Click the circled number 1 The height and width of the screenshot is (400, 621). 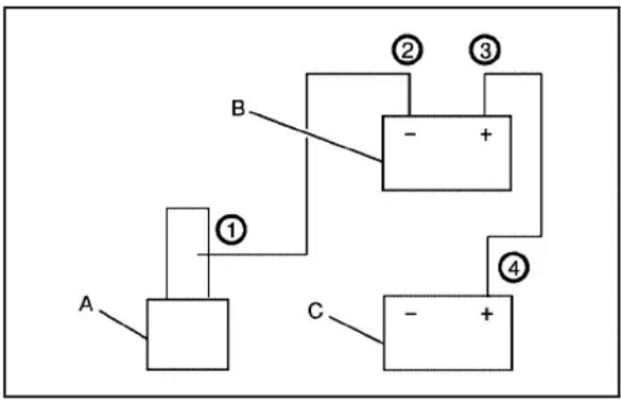[x=231, y=230]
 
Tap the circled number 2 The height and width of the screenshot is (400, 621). [x=407, y=50]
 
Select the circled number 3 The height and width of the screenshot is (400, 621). [x=484, y=50]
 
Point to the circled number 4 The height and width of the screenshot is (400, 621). [x=514, y=268]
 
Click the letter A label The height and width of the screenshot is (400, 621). [x=86, y=304]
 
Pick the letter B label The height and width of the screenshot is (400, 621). [x=238, y=108]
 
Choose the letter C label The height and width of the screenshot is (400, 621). [x=316, y=311]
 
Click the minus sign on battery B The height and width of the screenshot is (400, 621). [x=410, y=134]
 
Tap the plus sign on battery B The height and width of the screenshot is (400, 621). [x=486, y=135]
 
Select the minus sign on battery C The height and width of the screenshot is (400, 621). [x=411, y=314]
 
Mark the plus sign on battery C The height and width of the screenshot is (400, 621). [x=487, y=314]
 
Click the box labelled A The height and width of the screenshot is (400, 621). [x=188, y=335]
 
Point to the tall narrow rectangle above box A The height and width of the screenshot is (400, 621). [x=167, y=254]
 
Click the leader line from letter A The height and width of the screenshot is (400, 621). [x=123, y=325]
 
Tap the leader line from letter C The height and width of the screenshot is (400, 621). [x=356, y=330]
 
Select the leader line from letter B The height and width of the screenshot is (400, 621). [x=316, y=137]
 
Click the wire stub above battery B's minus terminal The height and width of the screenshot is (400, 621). [x=410, y=94]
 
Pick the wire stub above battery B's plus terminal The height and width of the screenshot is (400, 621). [x=484, y=94]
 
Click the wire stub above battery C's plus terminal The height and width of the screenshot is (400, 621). [x=488, y=266]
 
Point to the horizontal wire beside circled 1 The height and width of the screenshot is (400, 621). [x=252, y=254]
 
